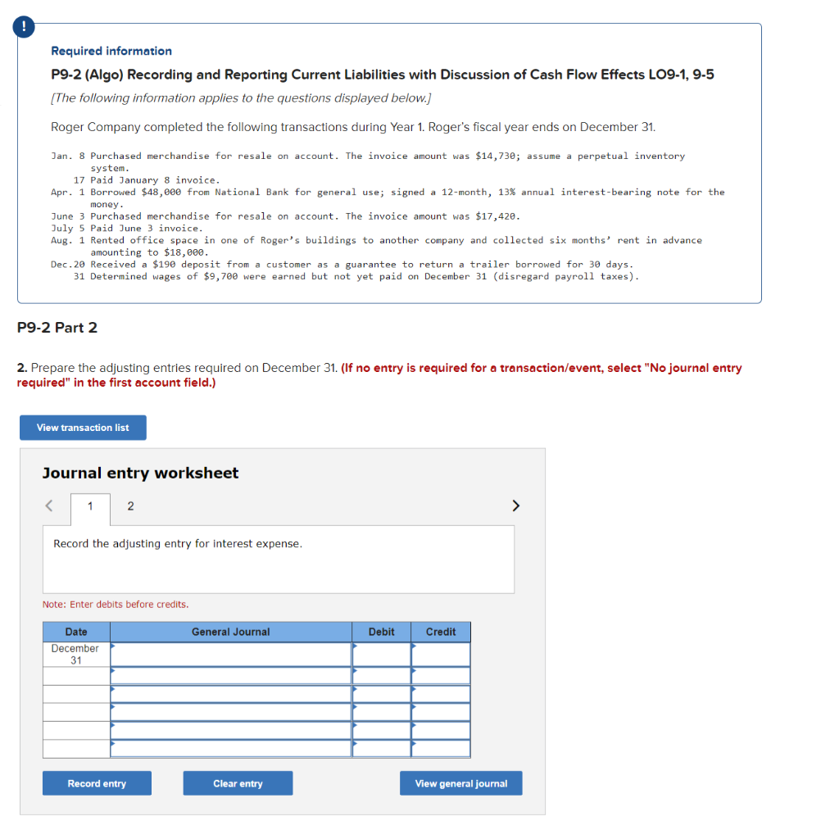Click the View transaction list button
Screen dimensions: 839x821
pyautogui.click(x=83, y=428)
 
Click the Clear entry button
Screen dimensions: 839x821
pyautogui.click(x=238, y=783)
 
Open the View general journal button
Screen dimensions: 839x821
pyautogui.click(x=460, y=783)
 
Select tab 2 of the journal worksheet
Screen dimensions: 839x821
pyautogui.click(x=130, y=506)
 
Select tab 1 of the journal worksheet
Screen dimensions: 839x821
pyautogui.click(x=90, y=506)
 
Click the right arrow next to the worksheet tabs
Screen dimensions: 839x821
pyautogui.click(x=515, y=506)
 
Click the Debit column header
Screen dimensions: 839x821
pyautogui.click(x=381, y=632)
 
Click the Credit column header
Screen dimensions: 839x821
pyautogui.click(x=441, y=632)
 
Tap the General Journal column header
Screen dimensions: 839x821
pyautogui.click(x=230, y=632)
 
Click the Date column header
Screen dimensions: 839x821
pyautogui.click(x=76, y=632)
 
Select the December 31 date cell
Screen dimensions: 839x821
pyautogui.click(x=75, y=654)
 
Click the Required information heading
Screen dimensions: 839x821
pyautogui.click(x=111, y=51)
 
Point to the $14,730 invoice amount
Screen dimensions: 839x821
pyautogui.click(x=500, y=156)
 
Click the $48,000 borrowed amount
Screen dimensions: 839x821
pyautogui.click(x=161, y=192)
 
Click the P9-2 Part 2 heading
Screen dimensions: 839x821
pyautogui.click(x=57, y=328)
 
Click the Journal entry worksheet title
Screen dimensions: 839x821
pyautogui.click(x=140, y=473)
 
